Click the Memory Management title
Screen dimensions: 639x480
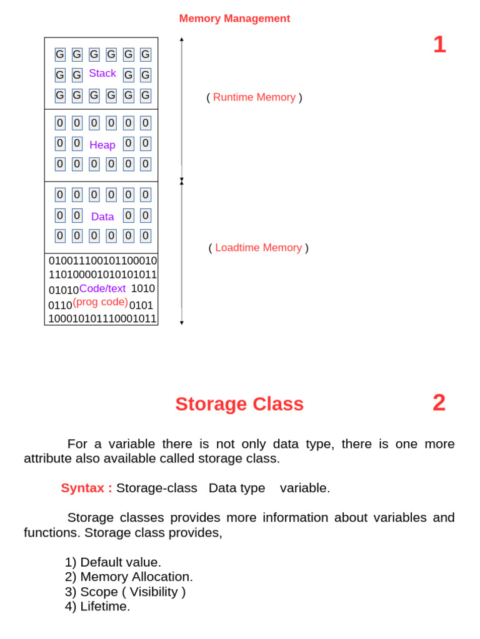234,19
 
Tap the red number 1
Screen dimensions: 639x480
439,44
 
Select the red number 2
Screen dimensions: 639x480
439,402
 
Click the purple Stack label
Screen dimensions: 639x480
102,74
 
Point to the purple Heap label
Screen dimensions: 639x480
102,145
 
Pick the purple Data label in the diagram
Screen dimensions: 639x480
102,217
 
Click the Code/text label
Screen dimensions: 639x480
102,288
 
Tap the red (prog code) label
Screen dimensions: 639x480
100,302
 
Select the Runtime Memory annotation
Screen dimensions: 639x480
254,97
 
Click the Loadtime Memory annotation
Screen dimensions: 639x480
258,248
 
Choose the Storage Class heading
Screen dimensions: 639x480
239,404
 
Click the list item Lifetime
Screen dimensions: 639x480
104,607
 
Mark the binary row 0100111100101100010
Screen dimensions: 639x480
103,261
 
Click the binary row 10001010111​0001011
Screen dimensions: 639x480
102,318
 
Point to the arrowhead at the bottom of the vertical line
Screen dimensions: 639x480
182,322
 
